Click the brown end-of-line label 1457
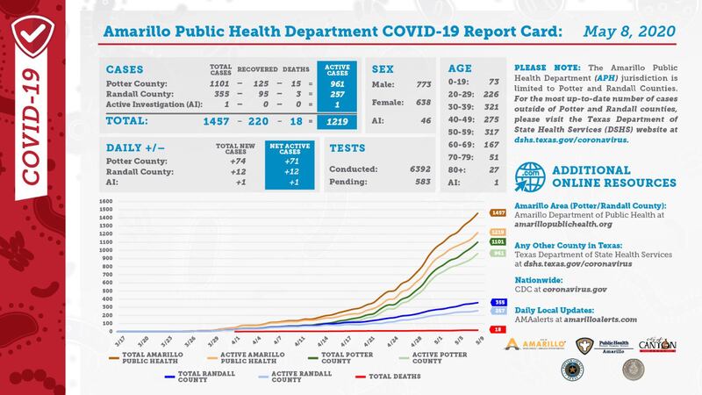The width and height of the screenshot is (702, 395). pos(498,213)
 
